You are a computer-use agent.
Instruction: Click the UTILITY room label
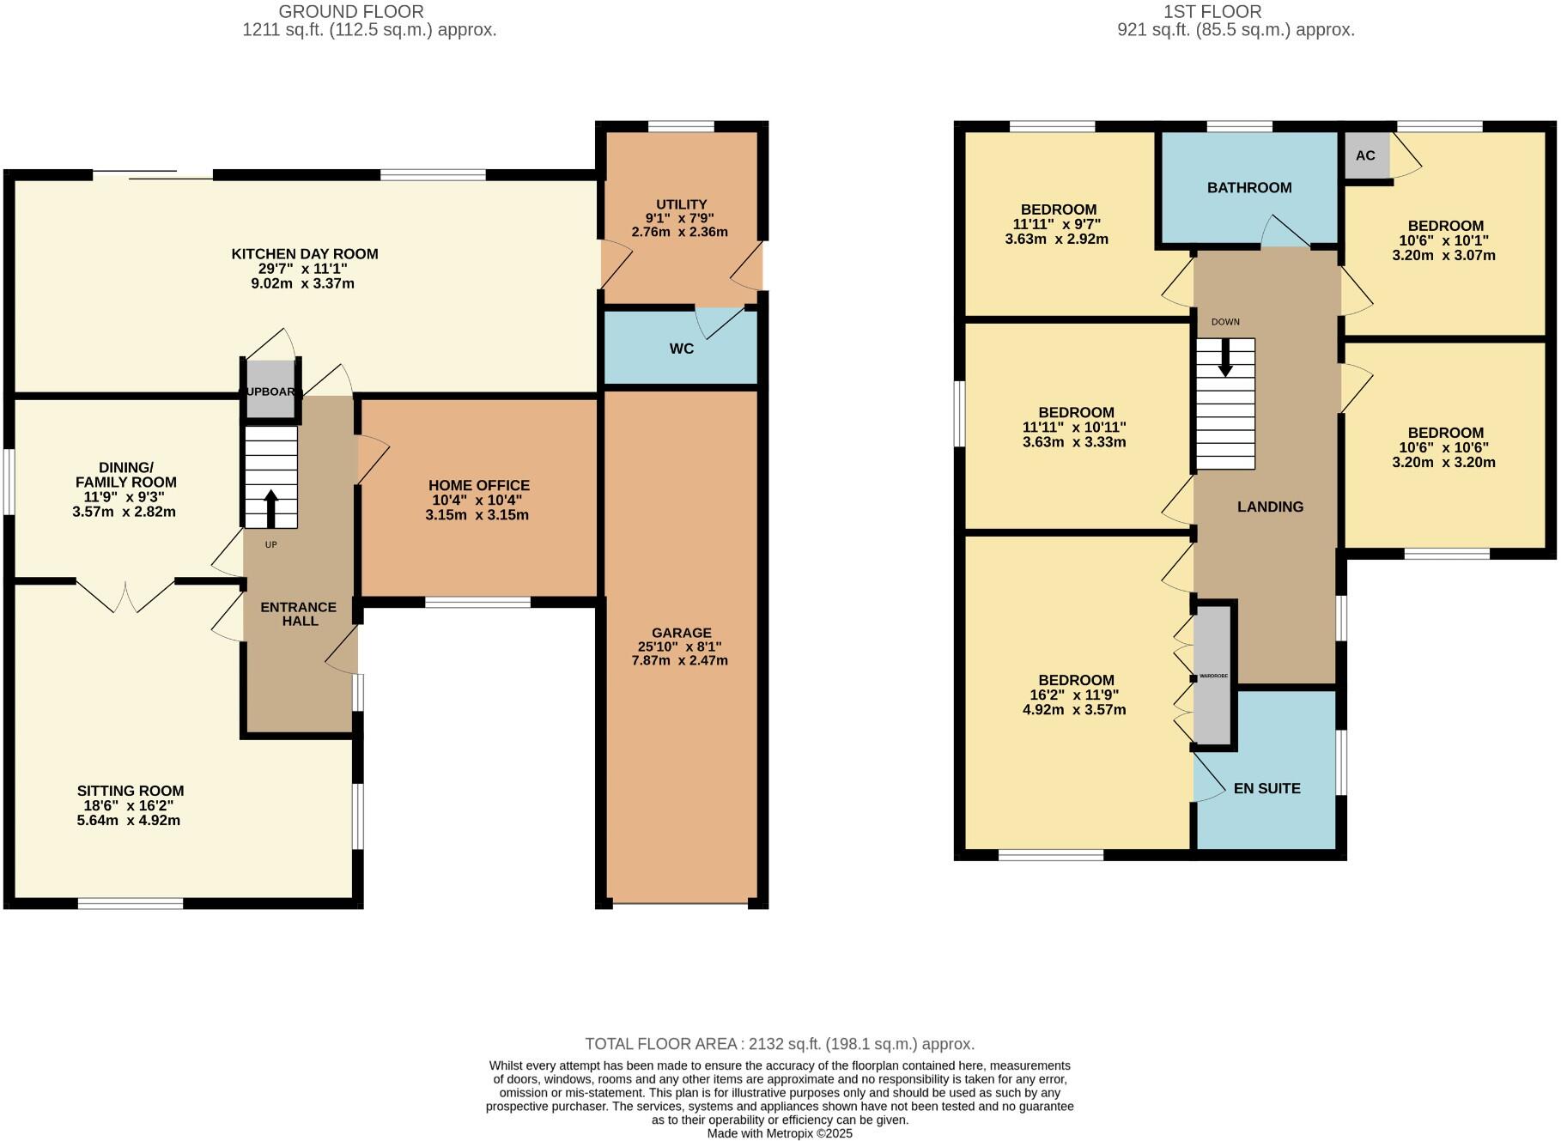click(681, 204)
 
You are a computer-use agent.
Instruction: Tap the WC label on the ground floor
click(681, 349)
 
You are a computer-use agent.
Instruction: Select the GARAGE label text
click(681, 633)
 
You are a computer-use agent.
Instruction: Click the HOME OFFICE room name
click(478, 485)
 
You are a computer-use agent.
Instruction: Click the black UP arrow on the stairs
click(270, 508)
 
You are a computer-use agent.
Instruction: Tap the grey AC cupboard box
click(1365, 155)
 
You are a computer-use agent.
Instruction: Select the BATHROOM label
click(1248, 187)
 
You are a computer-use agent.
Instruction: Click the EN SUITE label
click(1266, 788)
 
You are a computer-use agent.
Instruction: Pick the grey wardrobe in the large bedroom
click(1213, 676)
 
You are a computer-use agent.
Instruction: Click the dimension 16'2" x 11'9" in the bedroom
click(1075, 695)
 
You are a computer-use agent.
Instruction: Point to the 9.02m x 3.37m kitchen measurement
click(305, 283)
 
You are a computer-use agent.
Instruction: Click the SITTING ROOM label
click(131, 791)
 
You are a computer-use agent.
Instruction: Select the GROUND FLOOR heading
click(350, 12)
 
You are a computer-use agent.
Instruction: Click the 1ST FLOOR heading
click(1212, 12)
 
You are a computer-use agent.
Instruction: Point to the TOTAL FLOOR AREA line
click(780, 1044)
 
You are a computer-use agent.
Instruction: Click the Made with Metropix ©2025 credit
click(780, 1133)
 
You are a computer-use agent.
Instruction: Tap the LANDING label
click(1270, 507)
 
